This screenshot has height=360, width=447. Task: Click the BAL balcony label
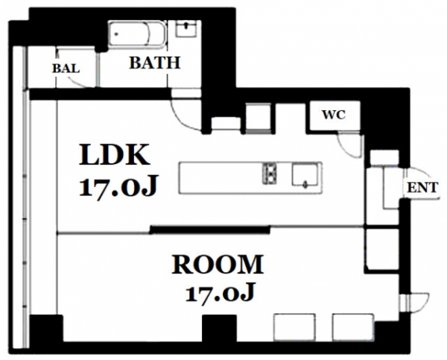(x=66, y=69)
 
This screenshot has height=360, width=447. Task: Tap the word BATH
(x=155, y=63)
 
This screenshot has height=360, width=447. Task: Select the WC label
(x=334, y=115)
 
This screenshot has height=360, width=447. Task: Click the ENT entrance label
(x=422, y=188)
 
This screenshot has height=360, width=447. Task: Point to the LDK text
(x=114, y=155)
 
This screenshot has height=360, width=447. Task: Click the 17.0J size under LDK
(x=118, y=186)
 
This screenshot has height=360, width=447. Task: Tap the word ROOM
(x=218, y=265)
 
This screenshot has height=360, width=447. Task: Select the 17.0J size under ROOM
(x=220, y=293)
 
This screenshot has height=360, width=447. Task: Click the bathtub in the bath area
(x=137, y=34)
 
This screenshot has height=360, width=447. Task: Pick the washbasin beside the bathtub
(x=186, y=29)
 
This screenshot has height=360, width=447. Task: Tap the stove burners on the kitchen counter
(x=270, y=173)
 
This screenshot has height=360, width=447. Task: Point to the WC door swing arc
(x=346, y=149)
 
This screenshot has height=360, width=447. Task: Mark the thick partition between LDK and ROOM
(x=210, y=230)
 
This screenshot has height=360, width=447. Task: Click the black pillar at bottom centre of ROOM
(x=219, y=328)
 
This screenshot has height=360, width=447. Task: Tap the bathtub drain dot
(x=116, y=34)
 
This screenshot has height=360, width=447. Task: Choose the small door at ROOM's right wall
(x=415, y=303)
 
